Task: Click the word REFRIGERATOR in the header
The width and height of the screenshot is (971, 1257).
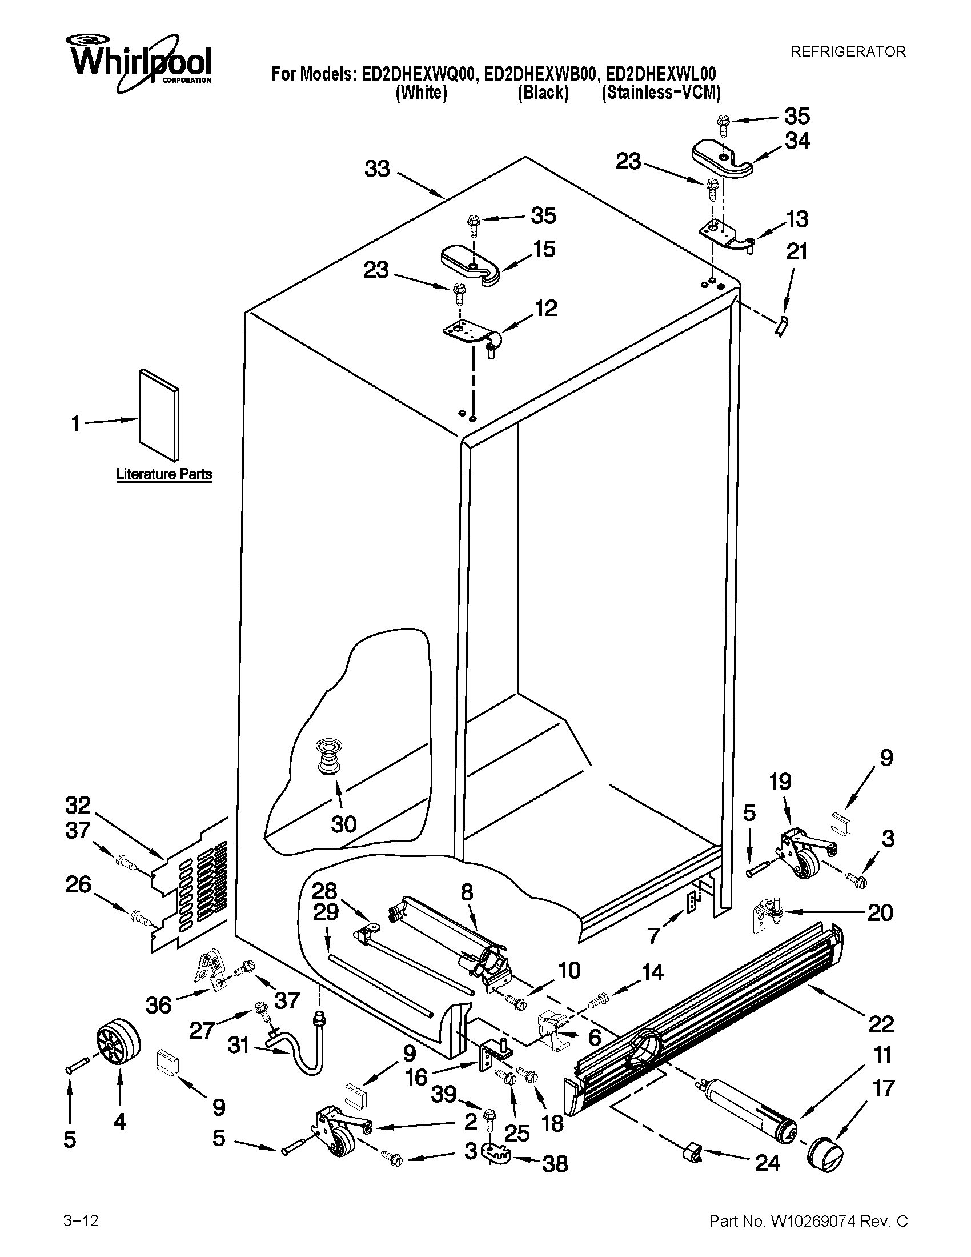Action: (848, 52)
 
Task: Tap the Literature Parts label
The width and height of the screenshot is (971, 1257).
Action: (164, 475)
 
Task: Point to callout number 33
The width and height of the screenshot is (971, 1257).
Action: (378, 169)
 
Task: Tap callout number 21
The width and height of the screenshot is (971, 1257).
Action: (797, 252)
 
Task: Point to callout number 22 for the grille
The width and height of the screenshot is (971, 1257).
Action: (881, 1024)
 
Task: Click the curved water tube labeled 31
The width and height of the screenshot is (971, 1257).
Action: (299, 1051)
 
